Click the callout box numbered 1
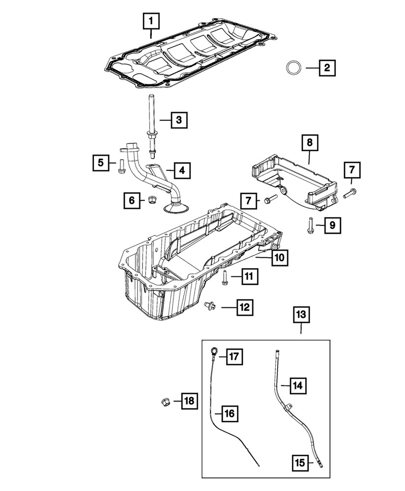coord(151,21)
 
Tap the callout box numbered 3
coord(179,119)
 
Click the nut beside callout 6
coord(152,200)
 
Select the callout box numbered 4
coord(181,170)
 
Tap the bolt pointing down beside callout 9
coord(309,224)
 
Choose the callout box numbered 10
coord(279,257)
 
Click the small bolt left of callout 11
coord(224,277)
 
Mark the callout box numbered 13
coord(301,314)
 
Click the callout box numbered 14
coord(297,386)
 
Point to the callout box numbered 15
coord(300,463)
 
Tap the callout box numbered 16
coord(229,413)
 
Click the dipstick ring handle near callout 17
coord(215,350)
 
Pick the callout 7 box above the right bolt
coord(351,170)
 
